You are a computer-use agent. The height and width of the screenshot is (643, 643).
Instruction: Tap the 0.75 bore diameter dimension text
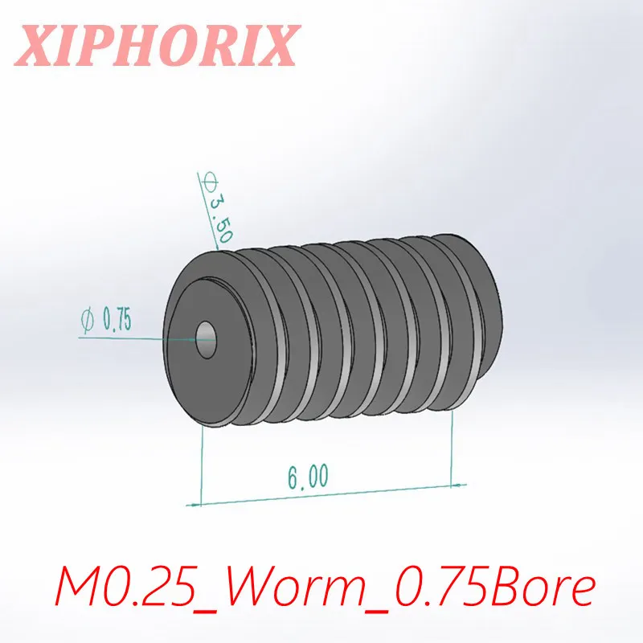pos(117,320)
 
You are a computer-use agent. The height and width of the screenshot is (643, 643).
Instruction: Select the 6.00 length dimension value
pos(307,476)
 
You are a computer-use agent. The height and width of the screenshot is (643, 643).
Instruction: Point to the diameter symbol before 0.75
pos(88,321)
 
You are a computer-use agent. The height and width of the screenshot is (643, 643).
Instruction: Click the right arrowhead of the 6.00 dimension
pos(459,485)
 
